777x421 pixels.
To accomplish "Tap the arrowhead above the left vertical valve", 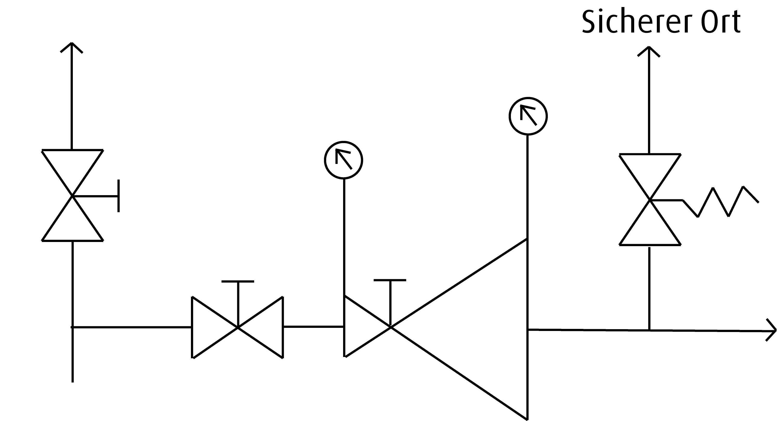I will [x=72, y=47].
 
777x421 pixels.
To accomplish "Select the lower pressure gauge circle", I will [x=344, y=160].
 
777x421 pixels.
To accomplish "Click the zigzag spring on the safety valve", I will [x=721, y=202].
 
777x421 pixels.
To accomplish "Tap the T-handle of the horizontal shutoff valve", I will [x=238, y=282].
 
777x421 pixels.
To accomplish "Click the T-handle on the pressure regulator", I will [x=390, y=280].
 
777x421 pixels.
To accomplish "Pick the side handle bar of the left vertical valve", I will [x=118, y=196].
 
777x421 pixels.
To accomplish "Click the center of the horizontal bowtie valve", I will [x=238, y=327].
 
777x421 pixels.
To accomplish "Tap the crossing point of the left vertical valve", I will [x=72, y=196].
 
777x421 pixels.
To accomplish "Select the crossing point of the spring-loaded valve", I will [x=650, y=200].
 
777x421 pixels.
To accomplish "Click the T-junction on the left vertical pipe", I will [x=72, y=327].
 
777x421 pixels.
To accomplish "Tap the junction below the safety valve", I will [x=649, y=330].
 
